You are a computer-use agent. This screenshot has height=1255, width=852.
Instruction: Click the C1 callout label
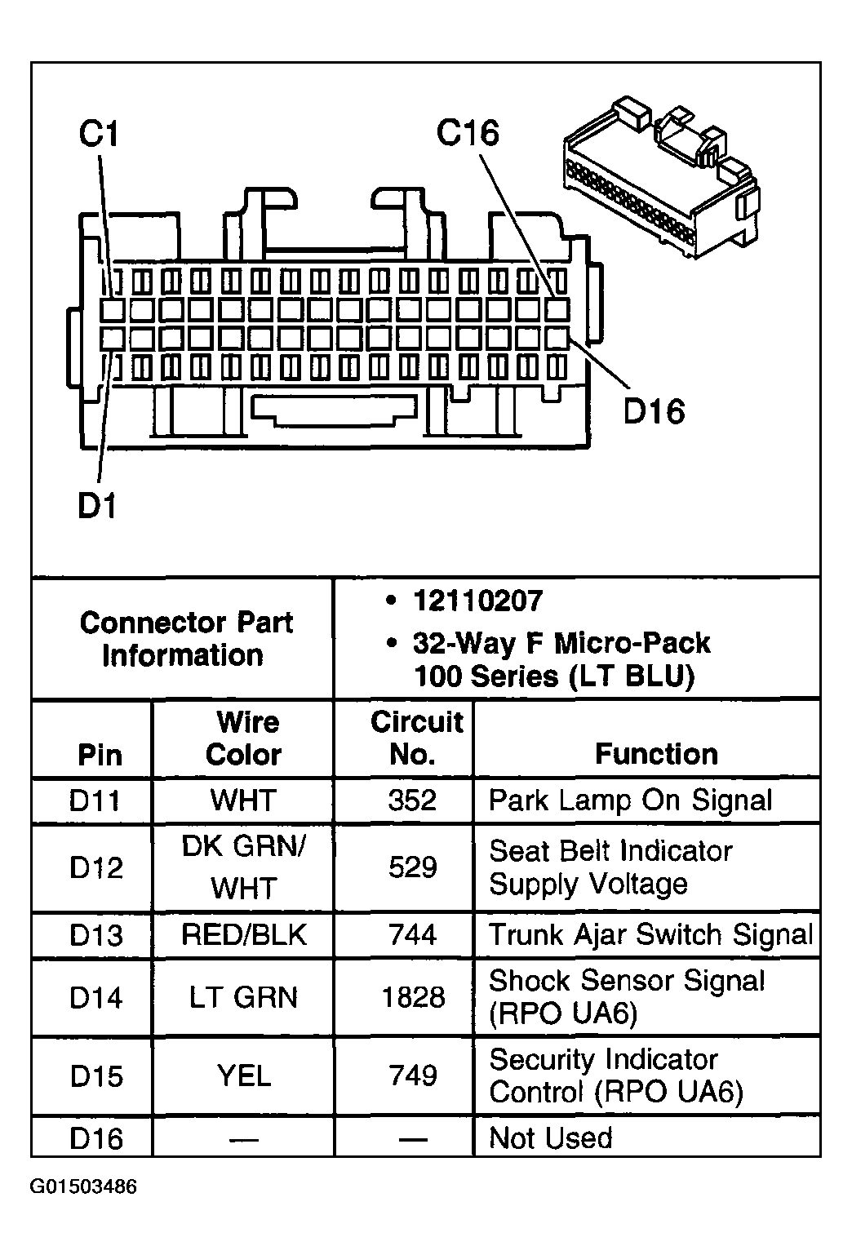click(x=99, y=134)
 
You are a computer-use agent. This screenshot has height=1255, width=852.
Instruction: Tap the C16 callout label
click(x=467, y=132)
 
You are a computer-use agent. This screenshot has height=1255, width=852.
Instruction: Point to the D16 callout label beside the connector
click(x=654, y=411)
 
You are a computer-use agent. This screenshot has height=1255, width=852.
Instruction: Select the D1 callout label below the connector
click(x=97, y=506)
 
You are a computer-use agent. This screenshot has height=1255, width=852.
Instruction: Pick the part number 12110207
click(x=477, y=601)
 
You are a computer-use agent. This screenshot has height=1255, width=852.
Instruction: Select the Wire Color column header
click(x=243, y=738)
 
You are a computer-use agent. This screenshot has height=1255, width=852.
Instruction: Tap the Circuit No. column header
click(x=415, y=738)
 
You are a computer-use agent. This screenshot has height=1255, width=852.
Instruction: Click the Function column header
click(x=656, y=754)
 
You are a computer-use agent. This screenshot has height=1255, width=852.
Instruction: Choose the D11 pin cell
click(x=95, y=800)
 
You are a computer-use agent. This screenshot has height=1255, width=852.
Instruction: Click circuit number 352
click(x=413, y=800)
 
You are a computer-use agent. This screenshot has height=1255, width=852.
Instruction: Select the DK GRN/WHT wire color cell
click(x=243, y=867)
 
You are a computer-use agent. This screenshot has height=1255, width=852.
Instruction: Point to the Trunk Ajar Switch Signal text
click(x=650, y=935)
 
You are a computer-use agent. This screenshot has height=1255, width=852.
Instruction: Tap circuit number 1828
click(x=413, y=997)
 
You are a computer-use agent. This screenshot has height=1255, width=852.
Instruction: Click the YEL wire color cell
click(x=243, y=1075)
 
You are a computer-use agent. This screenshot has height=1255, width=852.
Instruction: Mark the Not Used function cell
click(x=551, y=1137)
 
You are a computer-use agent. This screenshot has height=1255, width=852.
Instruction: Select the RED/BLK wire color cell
click(x=243, y=935)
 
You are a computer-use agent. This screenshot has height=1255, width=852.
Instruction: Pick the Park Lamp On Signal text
click(x=630, y=800)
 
